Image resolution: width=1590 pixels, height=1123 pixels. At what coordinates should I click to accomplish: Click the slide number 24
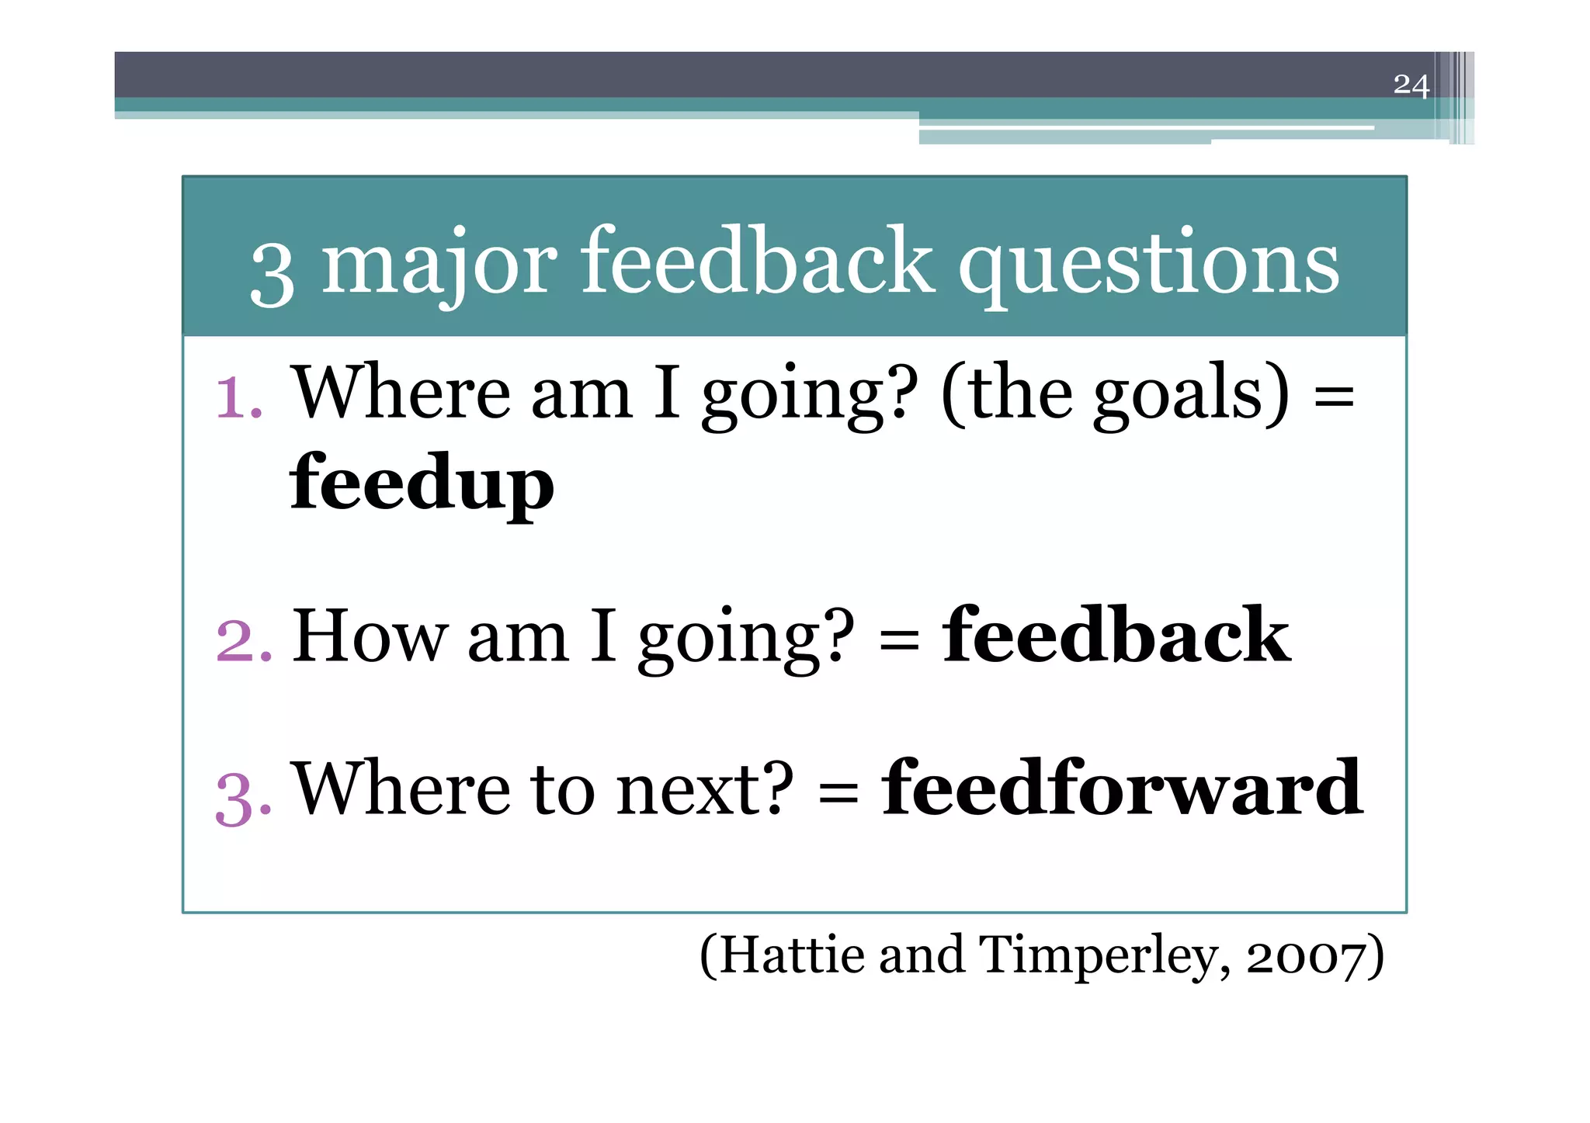coord(1411,85)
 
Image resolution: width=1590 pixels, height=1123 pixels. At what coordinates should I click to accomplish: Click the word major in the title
coord(439,264)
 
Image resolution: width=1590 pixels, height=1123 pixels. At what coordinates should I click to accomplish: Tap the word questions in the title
coord(1149,264)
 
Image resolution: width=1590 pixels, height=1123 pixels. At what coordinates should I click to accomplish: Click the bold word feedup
coord(422,483)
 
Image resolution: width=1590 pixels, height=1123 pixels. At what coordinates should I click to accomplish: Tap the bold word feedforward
coord(1122,789)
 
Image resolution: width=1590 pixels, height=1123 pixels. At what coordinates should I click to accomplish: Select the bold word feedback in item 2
coord(1116,636)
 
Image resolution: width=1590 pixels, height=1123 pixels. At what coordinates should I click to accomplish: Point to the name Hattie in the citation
coord(792,955)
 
